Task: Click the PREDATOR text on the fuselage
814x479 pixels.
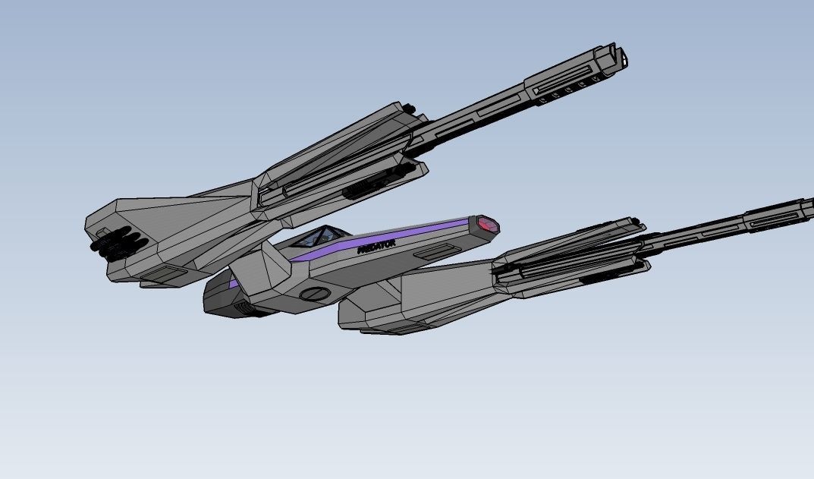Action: [376, 246]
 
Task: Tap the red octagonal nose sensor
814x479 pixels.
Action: [487, 225]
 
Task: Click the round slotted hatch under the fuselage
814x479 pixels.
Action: [315, 293]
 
